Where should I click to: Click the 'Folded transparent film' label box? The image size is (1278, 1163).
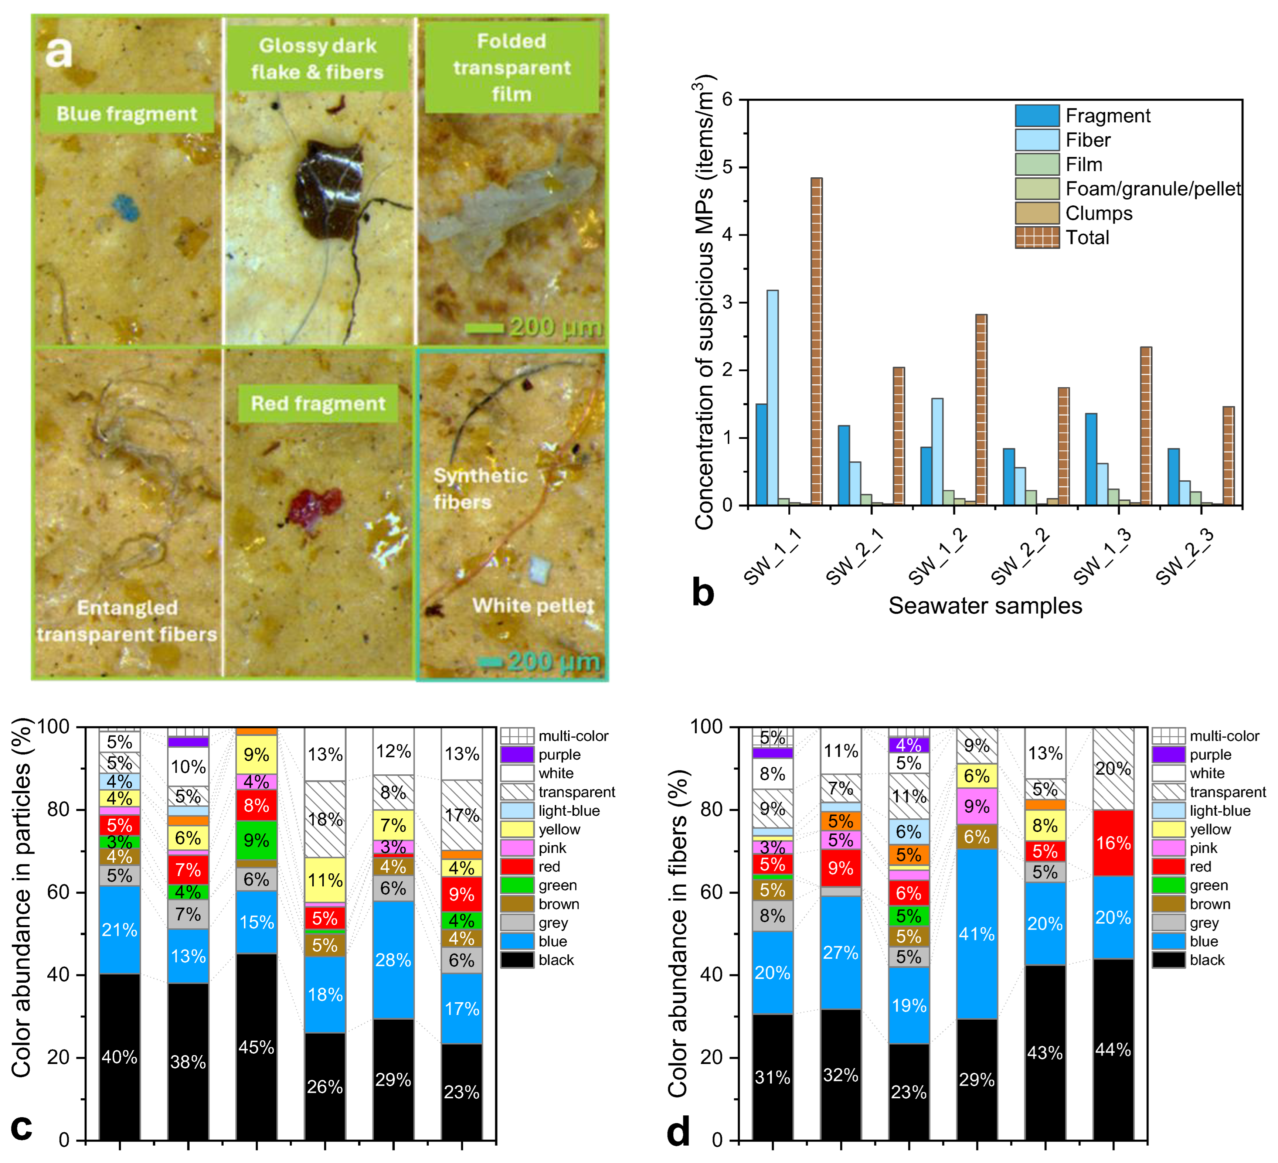511,67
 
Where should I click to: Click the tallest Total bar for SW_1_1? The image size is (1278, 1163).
816,342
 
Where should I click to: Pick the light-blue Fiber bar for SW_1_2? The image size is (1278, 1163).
937,451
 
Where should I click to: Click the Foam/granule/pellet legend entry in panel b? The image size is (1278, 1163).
1128,189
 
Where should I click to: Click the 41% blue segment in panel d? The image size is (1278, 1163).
976,934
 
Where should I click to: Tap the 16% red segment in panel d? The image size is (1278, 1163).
1113,843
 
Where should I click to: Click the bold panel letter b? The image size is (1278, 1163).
703,593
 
